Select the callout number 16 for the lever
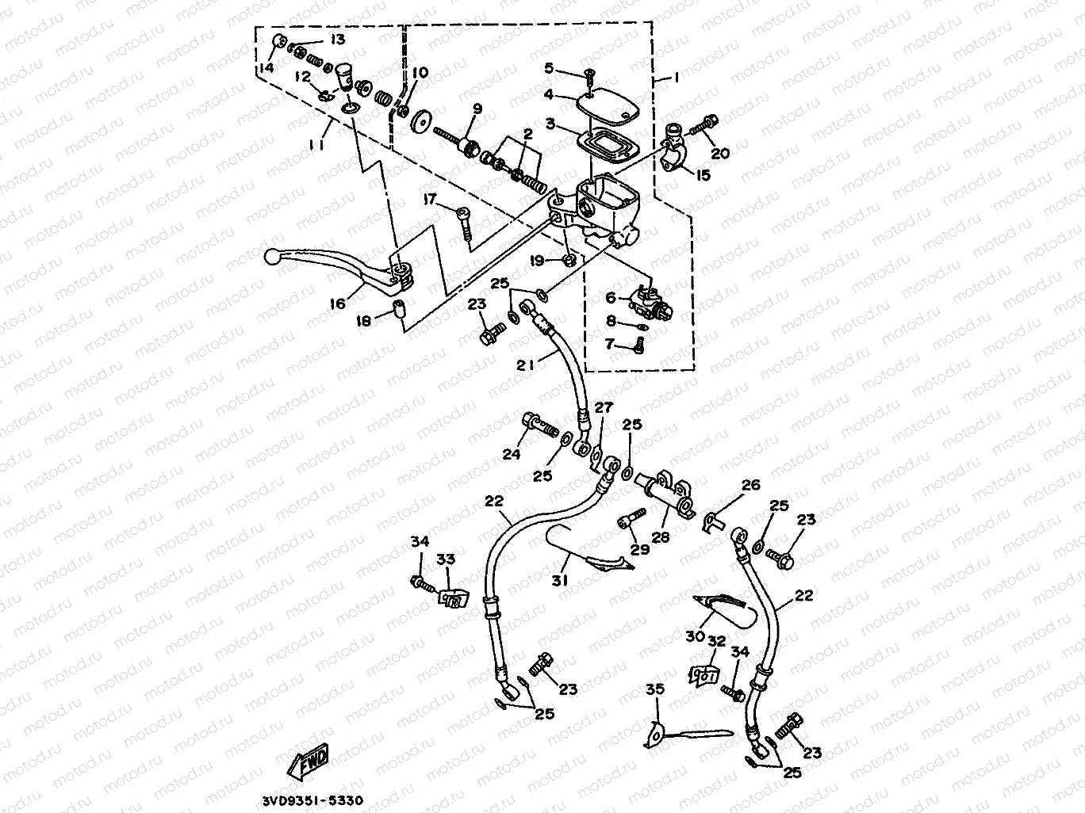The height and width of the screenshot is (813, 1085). pos(339,303)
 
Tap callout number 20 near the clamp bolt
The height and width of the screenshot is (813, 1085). pos(720,154)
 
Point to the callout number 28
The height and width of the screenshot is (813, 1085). pos(660,537)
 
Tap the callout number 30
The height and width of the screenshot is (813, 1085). pos(696,636)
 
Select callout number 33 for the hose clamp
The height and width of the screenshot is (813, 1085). pos(446,559)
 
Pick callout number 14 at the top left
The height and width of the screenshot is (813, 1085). pos(265,69)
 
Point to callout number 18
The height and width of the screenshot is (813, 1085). pos(363,321)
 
